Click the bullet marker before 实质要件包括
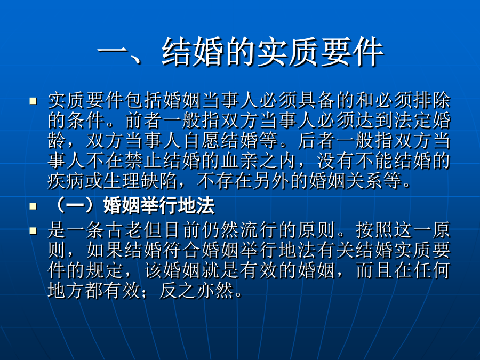pos(33,101)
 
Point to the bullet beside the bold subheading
pos(33,206)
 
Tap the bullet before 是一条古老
pos(33,231)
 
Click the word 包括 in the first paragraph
pos(144,100)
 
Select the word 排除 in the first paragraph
pos(431,100)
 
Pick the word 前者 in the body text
pos(144,121)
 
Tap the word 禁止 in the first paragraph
pos(144,161)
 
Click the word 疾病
pos(67,181)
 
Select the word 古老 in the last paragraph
pos(125,230)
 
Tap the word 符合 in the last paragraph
pos(182,251)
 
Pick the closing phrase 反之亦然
pos(196,291)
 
